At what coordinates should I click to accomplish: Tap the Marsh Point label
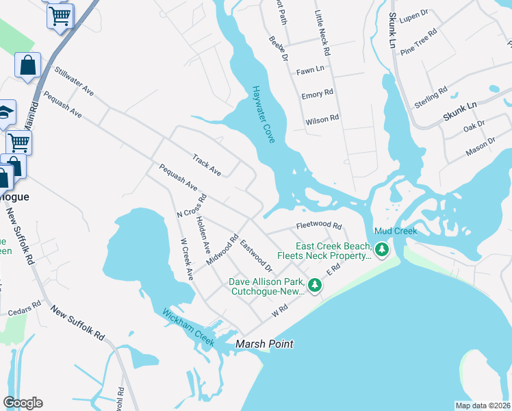pos(264,344)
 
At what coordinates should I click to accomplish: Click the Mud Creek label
pos(396,231)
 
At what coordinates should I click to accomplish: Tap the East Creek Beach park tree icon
pos(382,251)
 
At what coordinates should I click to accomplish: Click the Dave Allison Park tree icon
pos(314,284)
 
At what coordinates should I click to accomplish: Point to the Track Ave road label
pos(207,165)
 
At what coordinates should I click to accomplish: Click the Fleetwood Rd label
pos(318,225)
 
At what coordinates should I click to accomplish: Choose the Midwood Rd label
pos(222,251)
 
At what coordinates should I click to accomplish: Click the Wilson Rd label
pos(322,119)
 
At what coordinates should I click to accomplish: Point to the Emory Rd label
pos(317,94)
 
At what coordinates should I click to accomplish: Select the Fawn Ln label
pos(310,70)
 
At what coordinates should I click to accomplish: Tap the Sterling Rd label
pos(431,97)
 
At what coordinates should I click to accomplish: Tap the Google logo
pos(23,403)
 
